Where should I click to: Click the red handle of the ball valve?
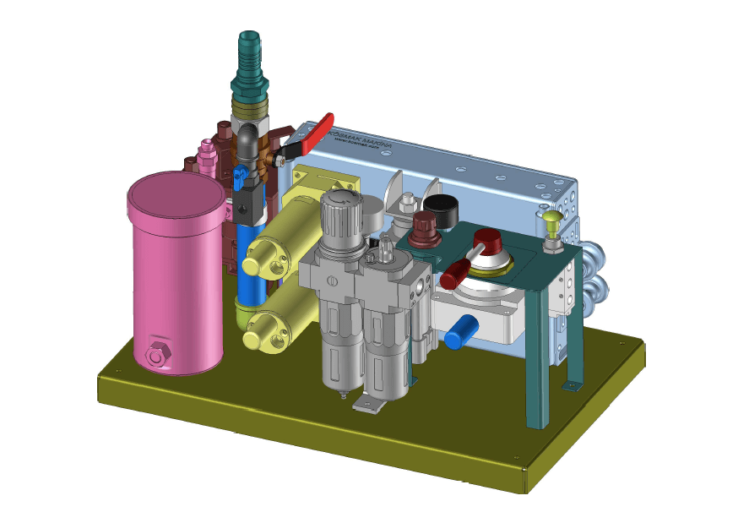tap(316, 131)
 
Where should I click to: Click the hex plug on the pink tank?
tap(157, 356)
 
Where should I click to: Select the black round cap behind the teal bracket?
tap(440, 205)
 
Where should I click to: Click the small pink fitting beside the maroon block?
tap(204, 155)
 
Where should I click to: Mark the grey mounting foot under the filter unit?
tap(370, 405)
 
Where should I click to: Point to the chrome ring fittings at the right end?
tap(596, 275)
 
